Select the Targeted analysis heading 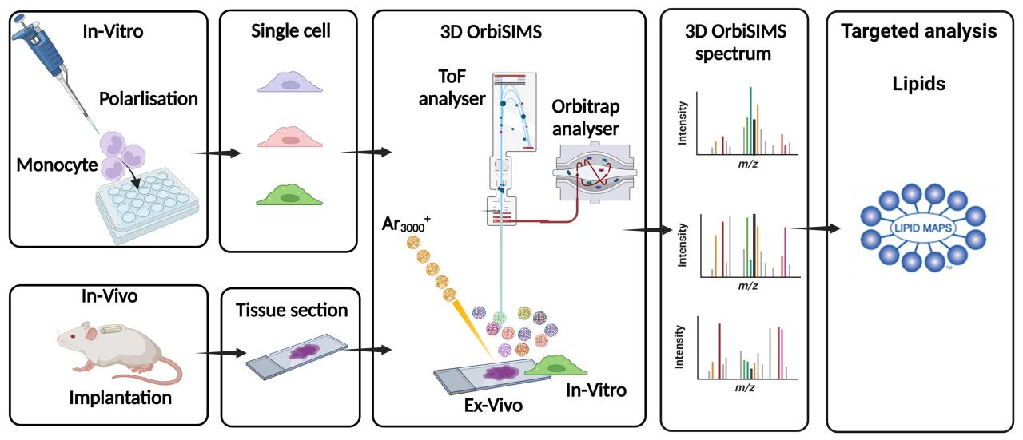click(918, 31)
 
